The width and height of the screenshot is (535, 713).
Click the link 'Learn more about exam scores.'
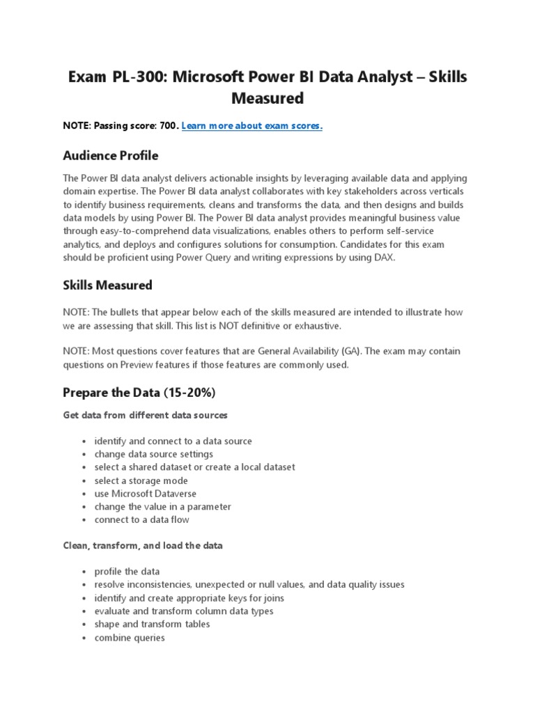[251, 125]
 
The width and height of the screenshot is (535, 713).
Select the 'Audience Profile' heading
[110, 155]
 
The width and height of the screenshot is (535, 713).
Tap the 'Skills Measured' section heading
[107, 285]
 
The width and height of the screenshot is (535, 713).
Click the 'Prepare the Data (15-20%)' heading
[139, 393]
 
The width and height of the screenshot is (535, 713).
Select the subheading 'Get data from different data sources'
[145, 415]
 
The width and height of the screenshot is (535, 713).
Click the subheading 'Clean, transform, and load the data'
[143, 546]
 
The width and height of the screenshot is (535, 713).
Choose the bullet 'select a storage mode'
[141, 480]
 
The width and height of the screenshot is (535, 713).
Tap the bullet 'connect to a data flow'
[141, 519]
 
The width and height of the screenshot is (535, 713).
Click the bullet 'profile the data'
[127, 572]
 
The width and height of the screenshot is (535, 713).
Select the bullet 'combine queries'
[130, 637]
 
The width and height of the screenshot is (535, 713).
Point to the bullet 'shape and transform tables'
[152, 624]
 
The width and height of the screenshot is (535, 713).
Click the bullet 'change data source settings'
[153, 454]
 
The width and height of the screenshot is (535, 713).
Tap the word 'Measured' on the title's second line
[267, 99]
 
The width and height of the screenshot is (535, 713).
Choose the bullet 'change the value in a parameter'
[162, 506]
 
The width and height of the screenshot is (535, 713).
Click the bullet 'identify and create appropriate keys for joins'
[189, 597]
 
